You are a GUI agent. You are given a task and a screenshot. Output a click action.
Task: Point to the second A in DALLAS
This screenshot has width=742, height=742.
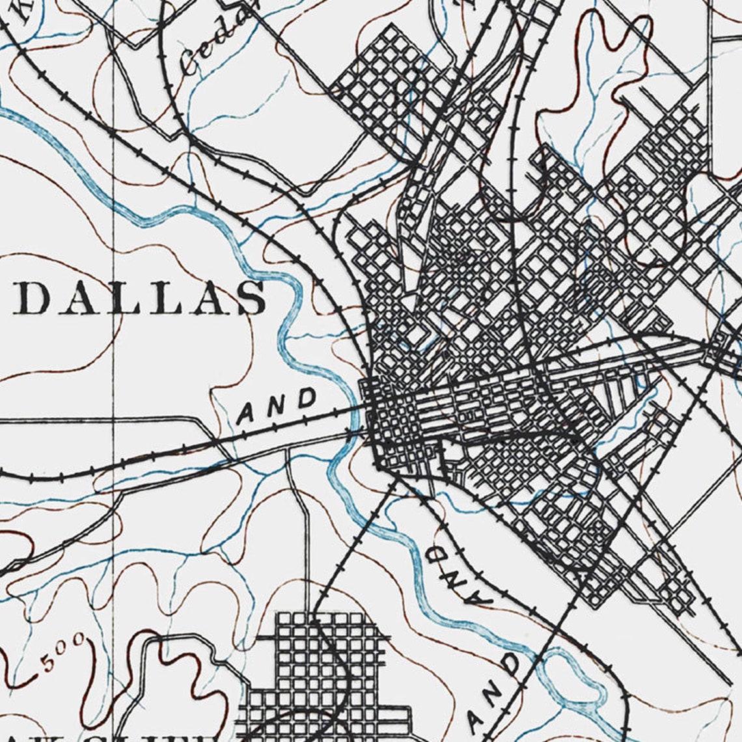point(208,299)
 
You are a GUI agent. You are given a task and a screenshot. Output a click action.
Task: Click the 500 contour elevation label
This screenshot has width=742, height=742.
point(62,653)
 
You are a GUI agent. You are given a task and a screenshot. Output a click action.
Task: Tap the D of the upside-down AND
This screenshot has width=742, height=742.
point(436,555)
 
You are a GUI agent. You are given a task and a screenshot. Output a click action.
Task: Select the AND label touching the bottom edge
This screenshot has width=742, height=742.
point(495,693)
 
